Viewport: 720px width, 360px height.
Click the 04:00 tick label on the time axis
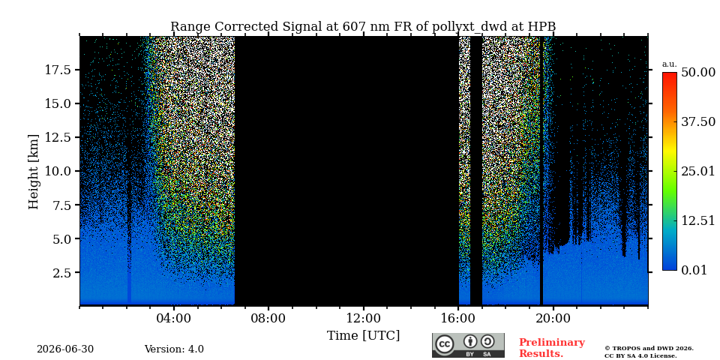pos(174,318)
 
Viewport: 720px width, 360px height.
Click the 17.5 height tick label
pos(58,70)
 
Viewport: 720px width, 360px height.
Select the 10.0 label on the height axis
pos(58,171)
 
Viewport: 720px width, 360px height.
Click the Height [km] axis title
pos(34,171)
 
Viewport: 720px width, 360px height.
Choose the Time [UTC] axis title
pos(363,336)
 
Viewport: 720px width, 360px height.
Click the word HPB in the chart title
pos(541,27)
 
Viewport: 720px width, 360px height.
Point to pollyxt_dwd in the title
pos(469,27)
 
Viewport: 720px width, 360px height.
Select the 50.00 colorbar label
pos(698,72)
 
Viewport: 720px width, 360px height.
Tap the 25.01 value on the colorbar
pos(698,171)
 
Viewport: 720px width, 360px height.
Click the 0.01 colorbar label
pos(694,270)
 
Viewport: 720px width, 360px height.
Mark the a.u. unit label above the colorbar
pos(670,64)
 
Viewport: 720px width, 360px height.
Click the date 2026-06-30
pos(65,349)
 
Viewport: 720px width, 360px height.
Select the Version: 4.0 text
pos(174,349)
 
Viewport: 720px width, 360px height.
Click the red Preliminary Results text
pos(552,348)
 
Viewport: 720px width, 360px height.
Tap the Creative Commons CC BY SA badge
pos(468,345)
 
